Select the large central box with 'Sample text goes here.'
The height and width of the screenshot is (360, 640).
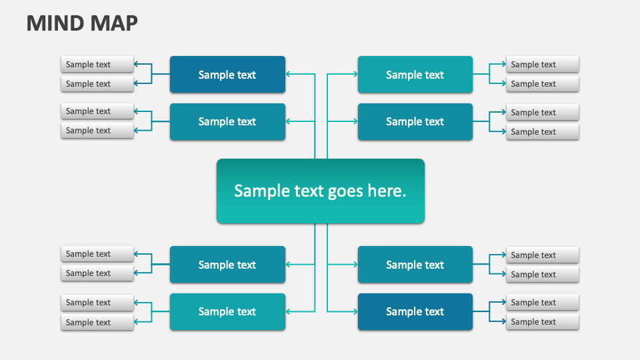tap(320, 191)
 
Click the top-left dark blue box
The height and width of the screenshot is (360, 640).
tap(227, 75)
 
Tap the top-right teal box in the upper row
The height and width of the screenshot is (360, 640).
tap(415, 75)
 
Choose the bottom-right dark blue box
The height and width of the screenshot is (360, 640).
tap(415, 311)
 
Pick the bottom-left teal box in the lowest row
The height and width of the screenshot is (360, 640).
tap(227, 311)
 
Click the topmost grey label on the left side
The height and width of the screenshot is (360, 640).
tap(97, 64)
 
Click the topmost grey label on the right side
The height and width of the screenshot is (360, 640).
tap(542, 64)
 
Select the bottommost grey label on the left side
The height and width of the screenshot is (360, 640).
tap(97, 322)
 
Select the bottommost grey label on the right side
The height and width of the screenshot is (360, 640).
tap(542, 321)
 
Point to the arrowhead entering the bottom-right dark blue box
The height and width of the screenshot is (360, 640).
tap(354, 311)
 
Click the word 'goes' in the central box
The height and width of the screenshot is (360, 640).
tap(345, 191)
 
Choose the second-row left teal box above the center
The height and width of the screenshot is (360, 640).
tap(227, 121)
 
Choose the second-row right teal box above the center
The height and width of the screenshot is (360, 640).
tap(415, 121)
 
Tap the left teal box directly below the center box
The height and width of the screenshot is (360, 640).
tap(227, 265)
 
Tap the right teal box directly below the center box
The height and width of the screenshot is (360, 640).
tap(415, 265)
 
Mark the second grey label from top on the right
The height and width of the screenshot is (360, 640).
tap(542, 83)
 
